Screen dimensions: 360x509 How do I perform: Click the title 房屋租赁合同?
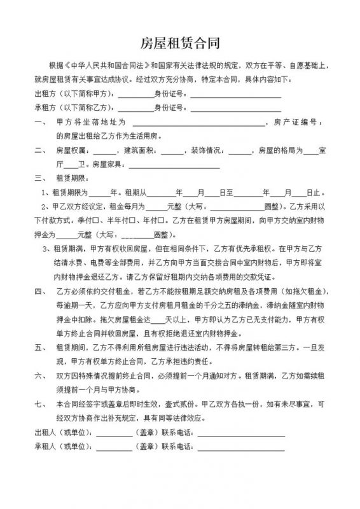[180, 43]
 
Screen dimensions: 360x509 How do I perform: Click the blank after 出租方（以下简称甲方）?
[135, 94]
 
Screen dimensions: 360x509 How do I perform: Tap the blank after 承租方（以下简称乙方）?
[135, 108]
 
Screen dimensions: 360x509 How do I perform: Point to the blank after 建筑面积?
[171, 151]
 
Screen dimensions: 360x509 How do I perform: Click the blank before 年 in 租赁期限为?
[99, 192]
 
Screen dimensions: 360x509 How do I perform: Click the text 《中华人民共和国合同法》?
[104, 66]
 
